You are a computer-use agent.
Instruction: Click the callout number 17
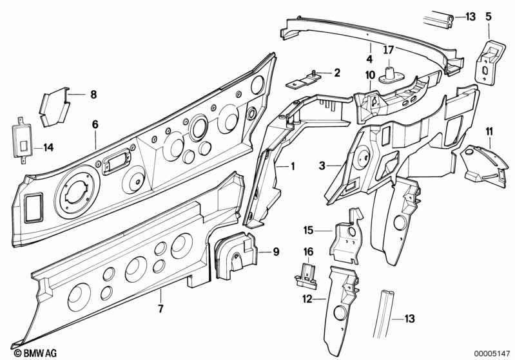pyautogui.click(x=388, y=50)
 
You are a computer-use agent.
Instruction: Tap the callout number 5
pyautogui.click(x=489, y=16)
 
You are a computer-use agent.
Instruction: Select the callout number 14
pyautogui.click(x=48, y=147)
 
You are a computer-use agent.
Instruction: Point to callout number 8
pyautogui.click(x=93, y=95)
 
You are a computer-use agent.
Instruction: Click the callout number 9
pyautogui.click(x=276, y=252)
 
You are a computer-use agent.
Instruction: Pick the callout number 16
pyautogui.click(x=308, y=252)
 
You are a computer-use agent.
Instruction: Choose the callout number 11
pyautogui.click(x=489, y=132)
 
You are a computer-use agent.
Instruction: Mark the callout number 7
pyautogui.click(x=160, y=309)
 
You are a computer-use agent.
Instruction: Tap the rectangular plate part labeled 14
pyautogui.click(x=22, y=141)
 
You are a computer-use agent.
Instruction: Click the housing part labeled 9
pyautogui.click(x=235, y=255)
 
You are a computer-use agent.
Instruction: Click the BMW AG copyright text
pyautogui.click(x=35, y=353)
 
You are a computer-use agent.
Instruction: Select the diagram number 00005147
pyautogui.click(x=492, y=354)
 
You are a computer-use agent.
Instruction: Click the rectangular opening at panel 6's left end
pyautogui.click(x=34, y=207)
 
